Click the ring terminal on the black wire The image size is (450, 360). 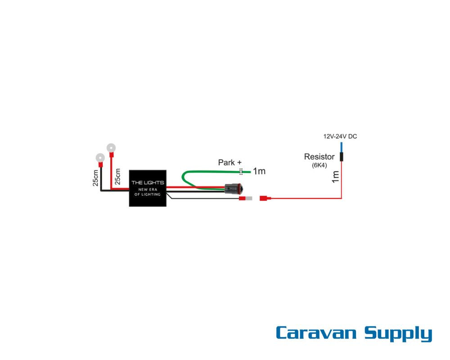100,158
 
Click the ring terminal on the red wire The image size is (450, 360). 110,148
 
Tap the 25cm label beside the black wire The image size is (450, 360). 95,178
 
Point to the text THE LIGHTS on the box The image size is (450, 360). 148,183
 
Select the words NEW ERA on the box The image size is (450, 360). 148,189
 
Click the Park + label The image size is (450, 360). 229,162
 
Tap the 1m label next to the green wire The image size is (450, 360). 259,171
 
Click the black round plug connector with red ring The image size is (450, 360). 233,189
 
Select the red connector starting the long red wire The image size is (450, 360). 265,198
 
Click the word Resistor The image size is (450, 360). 319,157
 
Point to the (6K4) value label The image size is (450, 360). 319,165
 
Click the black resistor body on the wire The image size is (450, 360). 341,157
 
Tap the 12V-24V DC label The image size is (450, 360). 340,136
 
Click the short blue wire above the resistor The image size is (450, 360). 341,147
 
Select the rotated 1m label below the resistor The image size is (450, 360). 335,176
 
